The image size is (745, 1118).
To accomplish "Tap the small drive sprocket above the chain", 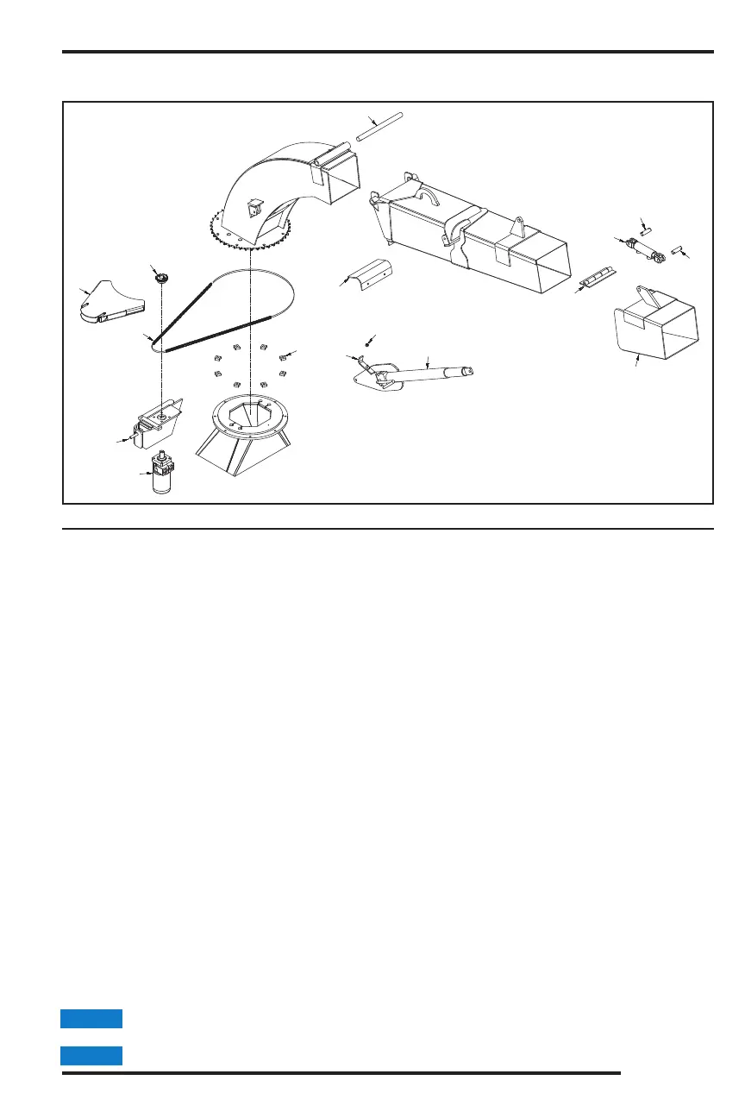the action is [x=160, y=278].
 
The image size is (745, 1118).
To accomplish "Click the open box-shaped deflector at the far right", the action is [x=655, y=328].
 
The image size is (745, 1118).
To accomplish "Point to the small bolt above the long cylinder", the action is [x=367, y=344].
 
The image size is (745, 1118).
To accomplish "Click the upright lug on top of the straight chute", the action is [x=519, y=228].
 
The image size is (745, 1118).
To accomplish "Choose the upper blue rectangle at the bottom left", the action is [x=91, y=1019].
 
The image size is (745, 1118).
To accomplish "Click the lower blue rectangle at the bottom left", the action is [x=91, y=1056].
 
